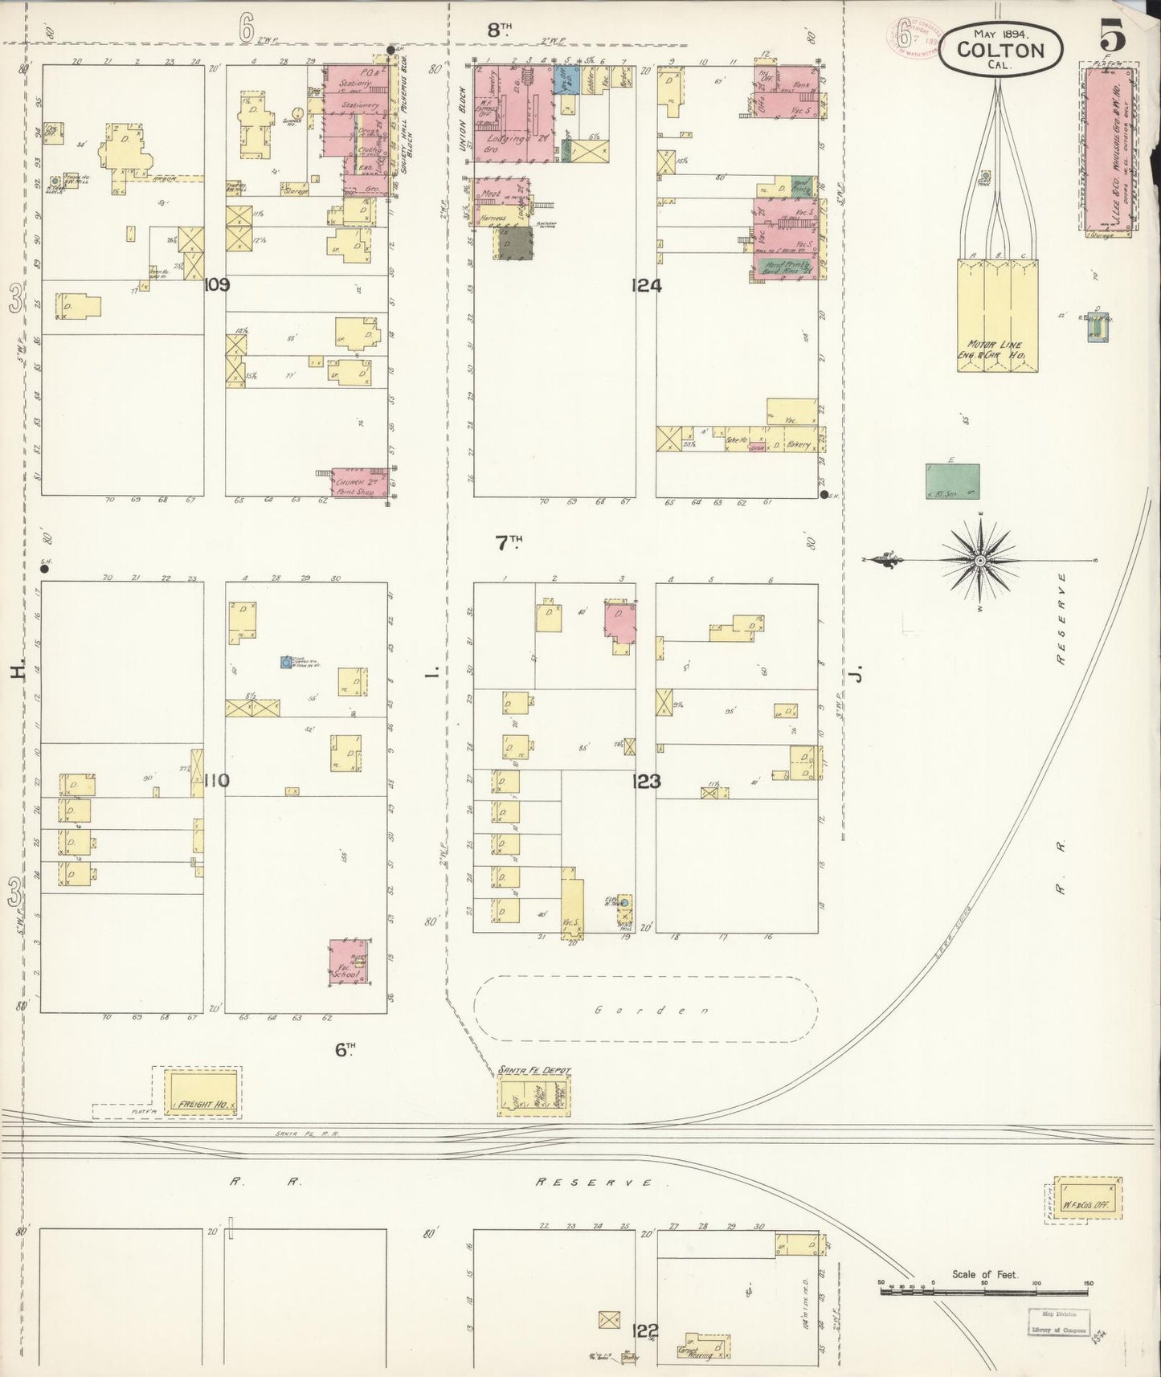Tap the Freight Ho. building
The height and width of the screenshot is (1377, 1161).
tap(202, 1092)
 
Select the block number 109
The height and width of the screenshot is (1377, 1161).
tap(217, 284)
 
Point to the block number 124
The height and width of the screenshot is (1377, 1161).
tap(646, 284)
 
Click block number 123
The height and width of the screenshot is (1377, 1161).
tap(646, 780)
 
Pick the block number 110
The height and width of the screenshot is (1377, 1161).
tap(217, 779)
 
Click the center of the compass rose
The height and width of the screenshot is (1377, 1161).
tap(980, 559)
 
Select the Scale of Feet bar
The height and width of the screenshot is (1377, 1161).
tap(985, 1292)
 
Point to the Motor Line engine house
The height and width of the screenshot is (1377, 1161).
tap(996, 315)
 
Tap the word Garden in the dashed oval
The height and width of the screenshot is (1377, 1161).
tap(644, 1011)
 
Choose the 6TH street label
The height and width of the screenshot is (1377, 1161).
tap(344, 1048)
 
